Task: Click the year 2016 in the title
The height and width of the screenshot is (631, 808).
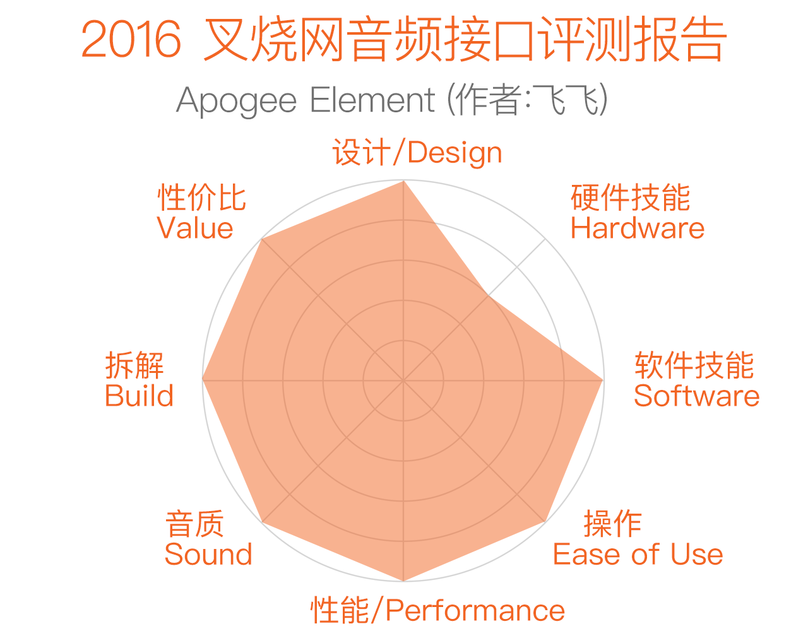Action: pyautogui.click(x=131, y=39)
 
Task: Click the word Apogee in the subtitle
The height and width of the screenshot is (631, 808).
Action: pyautogui.click(x=236, y=101)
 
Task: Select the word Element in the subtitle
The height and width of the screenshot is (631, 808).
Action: pyautogui.click(x=372, y=100)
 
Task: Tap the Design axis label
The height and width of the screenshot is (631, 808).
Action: pyautogui.click(x=417, y=152)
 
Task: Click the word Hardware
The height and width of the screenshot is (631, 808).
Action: pyautogui.click(x=638, y=228)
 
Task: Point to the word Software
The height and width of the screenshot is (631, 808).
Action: pyautogui.click(x=696, y=396)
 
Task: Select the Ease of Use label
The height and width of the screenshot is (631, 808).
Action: pyautogui.click(x=638, y=555)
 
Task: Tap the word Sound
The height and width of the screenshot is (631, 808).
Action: pyautogui.click(x=208, y=555)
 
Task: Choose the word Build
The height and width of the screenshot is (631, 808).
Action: pyautogui.click(x=139, y=396)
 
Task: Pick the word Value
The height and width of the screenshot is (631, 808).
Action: pyautogui.click(x=195, y=228)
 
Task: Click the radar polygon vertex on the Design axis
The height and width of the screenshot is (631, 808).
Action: pyautogui.click(x=403, y=181)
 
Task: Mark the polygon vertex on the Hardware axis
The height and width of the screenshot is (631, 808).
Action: pyautogui.click(x=488, y=296)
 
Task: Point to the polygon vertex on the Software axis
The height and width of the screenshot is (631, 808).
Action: pyautogui.click(x=603, y=380)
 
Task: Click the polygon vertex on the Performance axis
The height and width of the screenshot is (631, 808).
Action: pyautogui.click(x=403, y=581)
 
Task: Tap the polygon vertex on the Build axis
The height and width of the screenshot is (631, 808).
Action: pyautogui.click(x=203, y=380)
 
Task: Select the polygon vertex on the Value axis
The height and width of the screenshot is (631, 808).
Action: pyautogui.click(x=262, y=239)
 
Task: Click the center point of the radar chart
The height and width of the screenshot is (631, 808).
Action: pyautogui.click(x=403, y=380)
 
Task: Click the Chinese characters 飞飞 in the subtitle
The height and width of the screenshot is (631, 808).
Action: pyautogui.click(x=565, y=100)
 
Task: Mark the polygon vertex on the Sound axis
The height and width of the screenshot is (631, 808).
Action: pyautogui.click(x=262, y=522)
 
